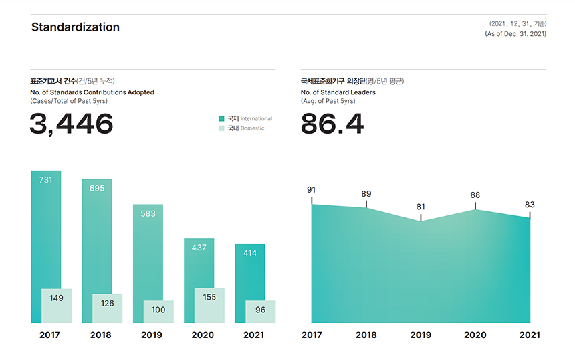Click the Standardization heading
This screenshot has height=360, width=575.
click(75, 27)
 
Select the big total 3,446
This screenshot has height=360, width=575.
click(72, 124)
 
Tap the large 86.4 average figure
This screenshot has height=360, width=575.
click(332, 124)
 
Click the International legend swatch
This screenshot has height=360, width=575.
click(221, 118)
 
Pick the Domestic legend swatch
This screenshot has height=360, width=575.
click(221, 128)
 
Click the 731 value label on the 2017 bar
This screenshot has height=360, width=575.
click(45, 180)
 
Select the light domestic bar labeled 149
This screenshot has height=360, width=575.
click(56, 306)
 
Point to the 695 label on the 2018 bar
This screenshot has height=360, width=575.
click(97, 188)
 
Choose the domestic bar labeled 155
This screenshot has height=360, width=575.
click(209, 305)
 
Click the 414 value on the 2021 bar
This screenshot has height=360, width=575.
click(250, 253)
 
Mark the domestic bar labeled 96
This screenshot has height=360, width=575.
click(260, 311)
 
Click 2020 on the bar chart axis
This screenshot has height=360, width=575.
click(203, 335)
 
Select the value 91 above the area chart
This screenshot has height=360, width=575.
click(311, 190)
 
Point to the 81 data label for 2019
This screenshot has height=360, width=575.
click(421, 207)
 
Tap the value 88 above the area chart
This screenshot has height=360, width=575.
click(475, 195)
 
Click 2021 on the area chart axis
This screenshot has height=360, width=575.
click(530, 335)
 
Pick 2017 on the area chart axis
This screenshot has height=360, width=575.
click(312, 335)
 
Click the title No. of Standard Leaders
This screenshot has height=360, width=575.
click(338, 92)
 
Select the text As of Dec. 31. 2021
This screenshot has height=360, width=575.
click(515, 33)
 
